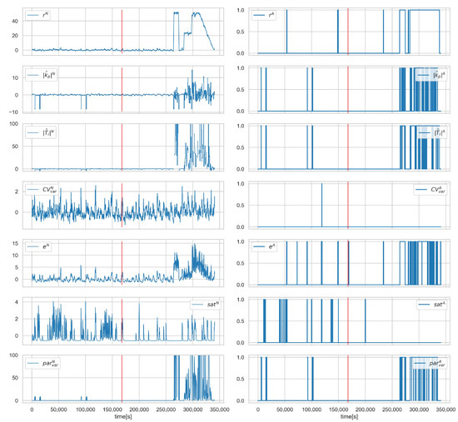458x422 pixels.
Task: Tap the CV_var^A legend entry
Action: coord(430,190)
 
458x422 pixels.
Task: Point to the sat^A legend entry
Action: coord(432,306)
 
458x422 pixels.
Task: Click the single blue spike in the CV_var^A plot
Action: coord(321,205)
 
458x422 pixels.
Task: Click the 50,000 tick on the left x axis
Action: coord(58,411)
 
